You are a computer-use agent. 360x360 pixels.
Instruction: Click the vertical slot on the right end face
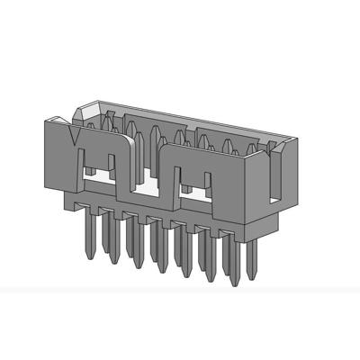pyautogui.click(x=272, y=175)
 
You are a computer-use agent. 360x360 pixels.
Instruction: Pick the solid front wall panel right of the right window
pyautogui.click(x=232, y=189)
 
